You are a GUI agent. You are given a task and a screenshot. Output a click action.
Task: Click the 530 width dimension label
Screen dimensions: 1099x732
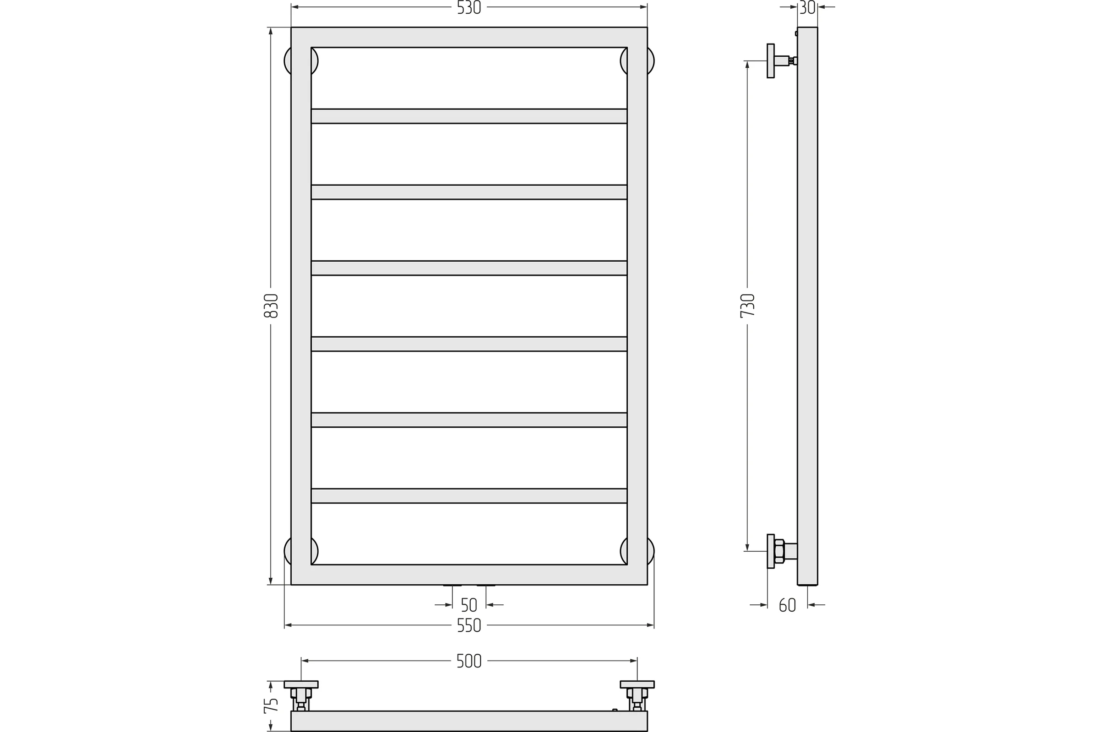tap(469, 8)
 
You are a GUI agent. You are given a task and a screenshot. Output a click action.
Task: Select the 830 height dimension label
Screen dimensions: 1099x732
tap(271, 306)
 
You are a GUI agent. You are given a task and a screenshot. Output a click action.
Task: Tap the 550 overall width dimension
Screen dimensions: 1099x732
tap(469, 625)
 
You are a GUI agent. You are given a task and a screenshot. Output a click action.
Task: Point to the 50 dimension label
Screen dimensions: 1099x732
tap(469, 605)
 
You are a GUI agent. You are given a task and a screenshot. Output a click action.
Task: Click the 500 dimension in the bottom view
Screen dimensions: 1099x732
tap(469, 661)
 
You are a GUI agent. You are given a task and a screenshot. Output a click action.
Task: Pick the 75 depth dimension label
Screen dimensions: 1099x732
tap(271, 705)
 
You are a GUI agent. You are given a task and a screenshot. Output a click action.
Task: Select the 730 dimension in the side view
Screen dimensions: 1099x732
tap(748, 306)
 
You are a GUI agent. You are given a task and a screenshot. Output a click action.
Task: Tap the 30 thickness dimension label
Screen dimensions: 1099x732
tap(807, 8)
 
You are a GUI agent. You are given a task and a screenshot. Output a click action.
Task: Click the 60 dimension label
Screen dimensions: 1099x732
tap(787, 605)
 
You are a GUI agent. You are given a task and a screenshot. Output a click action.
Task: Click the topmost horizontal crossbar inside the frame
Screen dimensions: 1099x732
tap(469, 116)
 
